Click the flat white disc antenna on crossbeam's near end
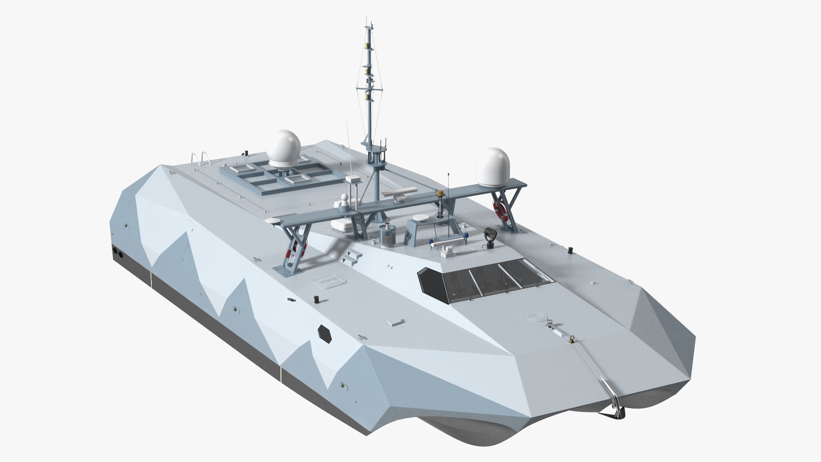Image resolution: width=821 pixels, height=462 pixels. pyautogui.click(x=273, y=220)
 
